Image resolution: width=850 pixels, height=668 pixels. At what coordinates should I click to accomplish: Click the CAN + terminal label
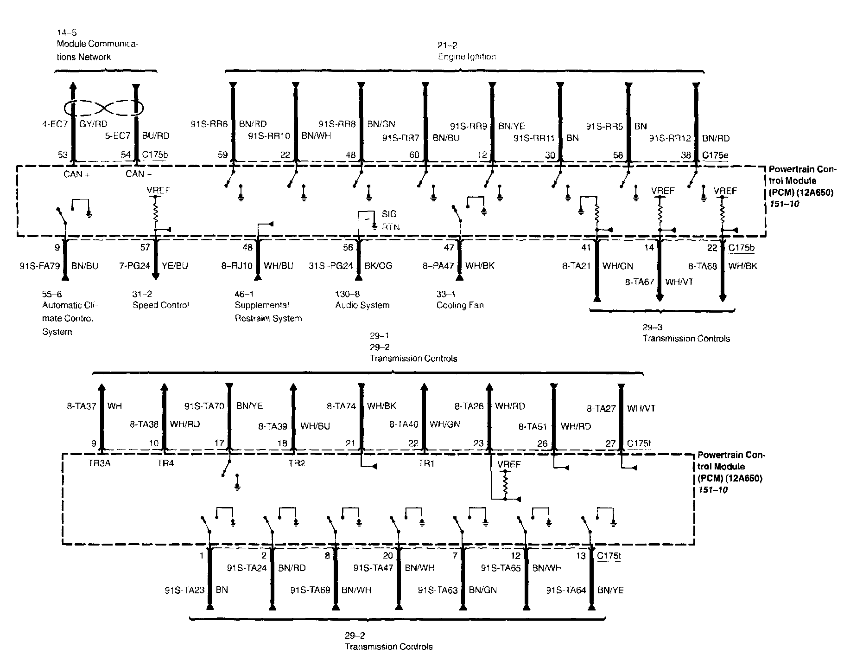(76, 174)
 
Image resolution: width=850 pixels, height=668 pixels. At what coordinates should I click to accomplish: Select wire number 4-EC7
(55, 124)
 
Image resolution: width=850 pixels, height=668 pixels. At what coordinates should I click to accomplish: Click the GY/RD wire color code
(94, 124)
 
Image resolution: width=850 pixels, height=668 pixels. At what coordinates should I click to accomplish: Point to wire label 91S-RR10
(269, 136)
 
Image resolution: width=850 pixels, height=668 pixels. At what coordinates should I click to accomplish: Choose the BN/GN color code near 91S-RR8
(381, 124)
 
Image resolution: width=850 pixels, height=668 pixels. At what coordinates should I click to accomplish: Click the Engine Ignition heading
(467, 57)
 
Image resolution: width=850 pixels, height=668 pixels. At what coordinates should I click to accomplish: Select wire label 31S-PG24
(331, 266)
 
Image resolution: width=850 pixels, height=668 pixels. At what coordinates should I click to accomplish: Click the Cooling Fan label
(460, 305)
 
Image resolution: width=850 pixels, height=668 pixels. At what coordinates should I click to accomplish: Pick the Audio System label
(362, 305)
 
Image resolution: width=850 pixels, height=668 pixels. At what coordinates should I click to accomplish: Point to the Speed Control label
(161, 305)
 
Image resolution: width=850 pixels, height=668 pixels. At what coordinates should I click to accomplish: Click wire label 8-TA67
(639, 282)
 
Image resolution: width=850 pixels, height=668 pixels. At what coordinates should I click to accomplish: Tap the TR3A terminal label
(100, 463)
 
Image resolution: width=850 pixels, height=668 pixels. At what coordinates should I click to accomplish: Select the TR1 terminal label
(426, 463)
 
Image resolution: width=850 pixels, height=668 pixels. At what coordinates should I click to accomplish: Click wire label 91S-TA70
(204, 406)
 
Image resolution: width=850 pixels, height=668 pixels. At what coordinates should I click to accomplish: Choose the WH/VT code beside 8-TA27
(641, 409)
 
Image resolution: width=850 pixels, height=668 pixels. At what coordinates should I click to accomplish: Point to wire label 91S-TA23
(184, 591)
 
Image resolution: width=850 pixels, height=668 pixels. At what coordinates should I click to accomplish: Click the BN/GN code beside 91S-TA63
(483, 590)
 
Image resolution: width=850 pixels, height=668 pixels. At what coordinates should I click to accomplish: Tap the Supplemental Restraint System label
(268, 312)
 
